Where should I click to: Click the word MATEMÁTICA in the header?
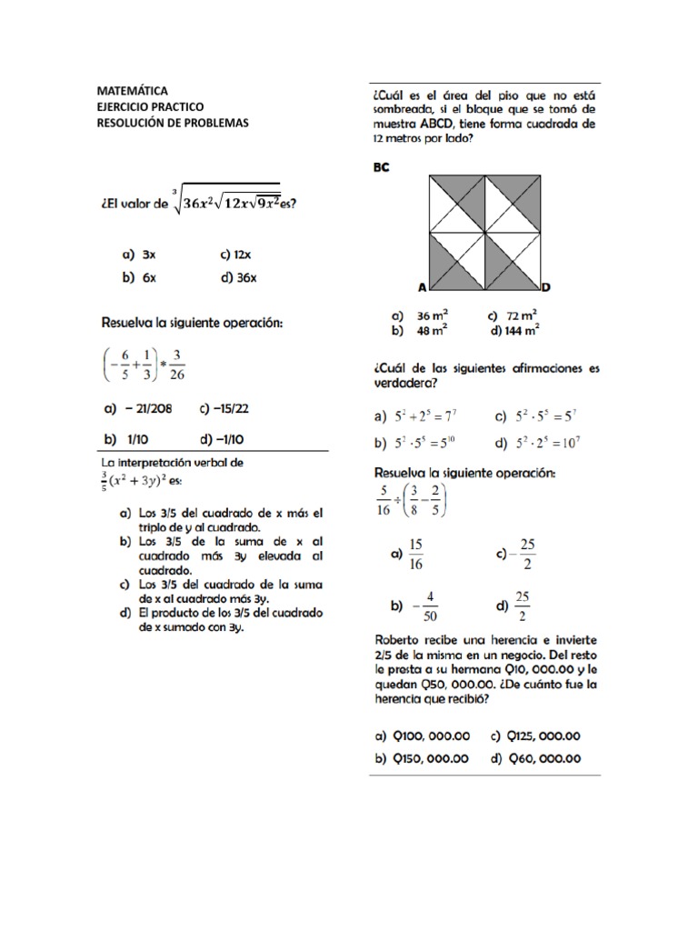pos(132,91)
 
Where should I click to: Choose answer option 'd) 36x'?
pos(238,278)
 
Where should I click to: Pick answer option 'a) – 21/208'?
pos(137,409)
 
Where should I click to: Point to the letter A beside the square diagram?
pos(422,287)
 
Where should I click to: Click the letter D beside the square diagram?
pos(544,287)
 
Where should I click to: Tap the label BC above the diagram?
pos(381,167)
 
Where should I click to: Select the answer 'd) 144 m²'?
pos(514,331)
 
